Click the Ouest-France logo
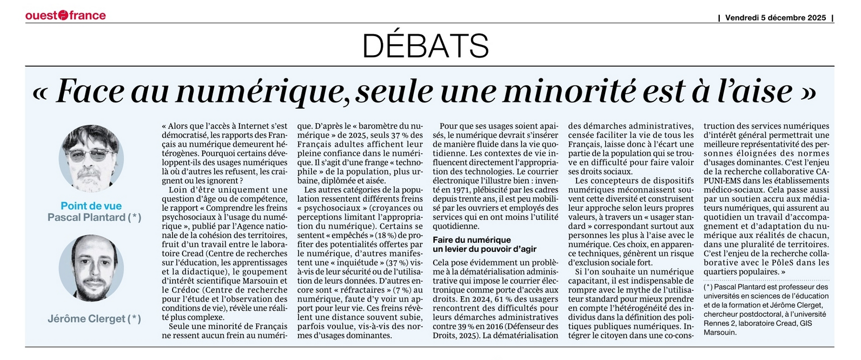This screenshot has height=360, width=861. tap(65, 15)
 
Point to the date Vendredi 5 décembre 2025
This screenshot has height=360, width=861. tap(775, 17)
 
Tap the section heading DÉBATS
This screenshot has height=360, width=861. tap(426, 46)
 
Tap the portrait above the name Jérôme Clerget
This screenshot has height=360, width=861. tap(91, 268)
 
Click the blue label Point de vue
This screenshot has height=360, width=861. tap(91, 206)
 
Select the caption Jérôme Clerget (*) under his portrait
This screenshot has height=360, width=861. tap(94, 319)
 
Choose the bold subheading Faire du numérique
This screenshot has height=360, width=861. tap(472, 239)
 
